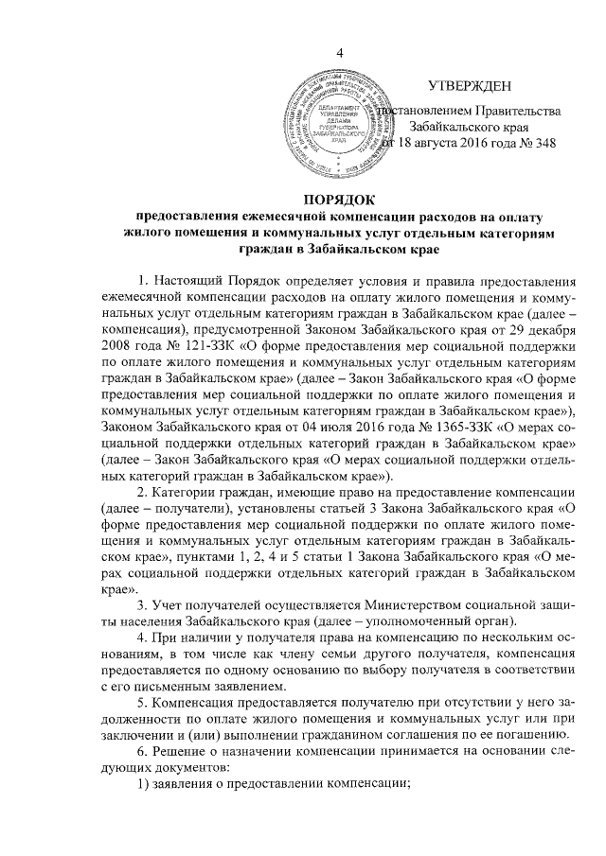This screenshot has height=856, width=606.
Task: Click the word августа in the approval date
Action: tap(429, 143)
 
